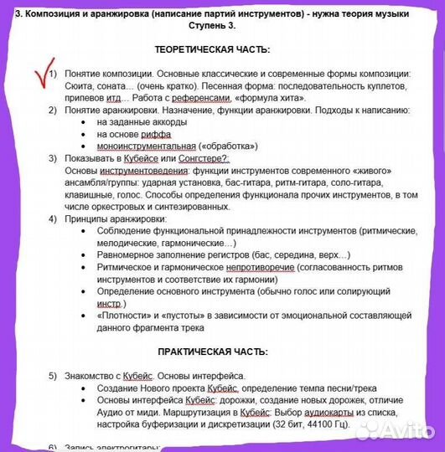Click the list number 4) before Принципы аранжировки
click(x=52, y=218)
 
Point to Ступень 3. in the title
click(x=220, y=25)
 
